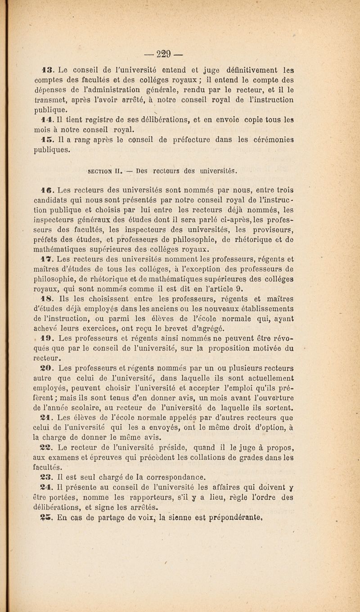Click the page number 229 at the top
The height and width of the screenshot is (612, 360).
180,49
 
